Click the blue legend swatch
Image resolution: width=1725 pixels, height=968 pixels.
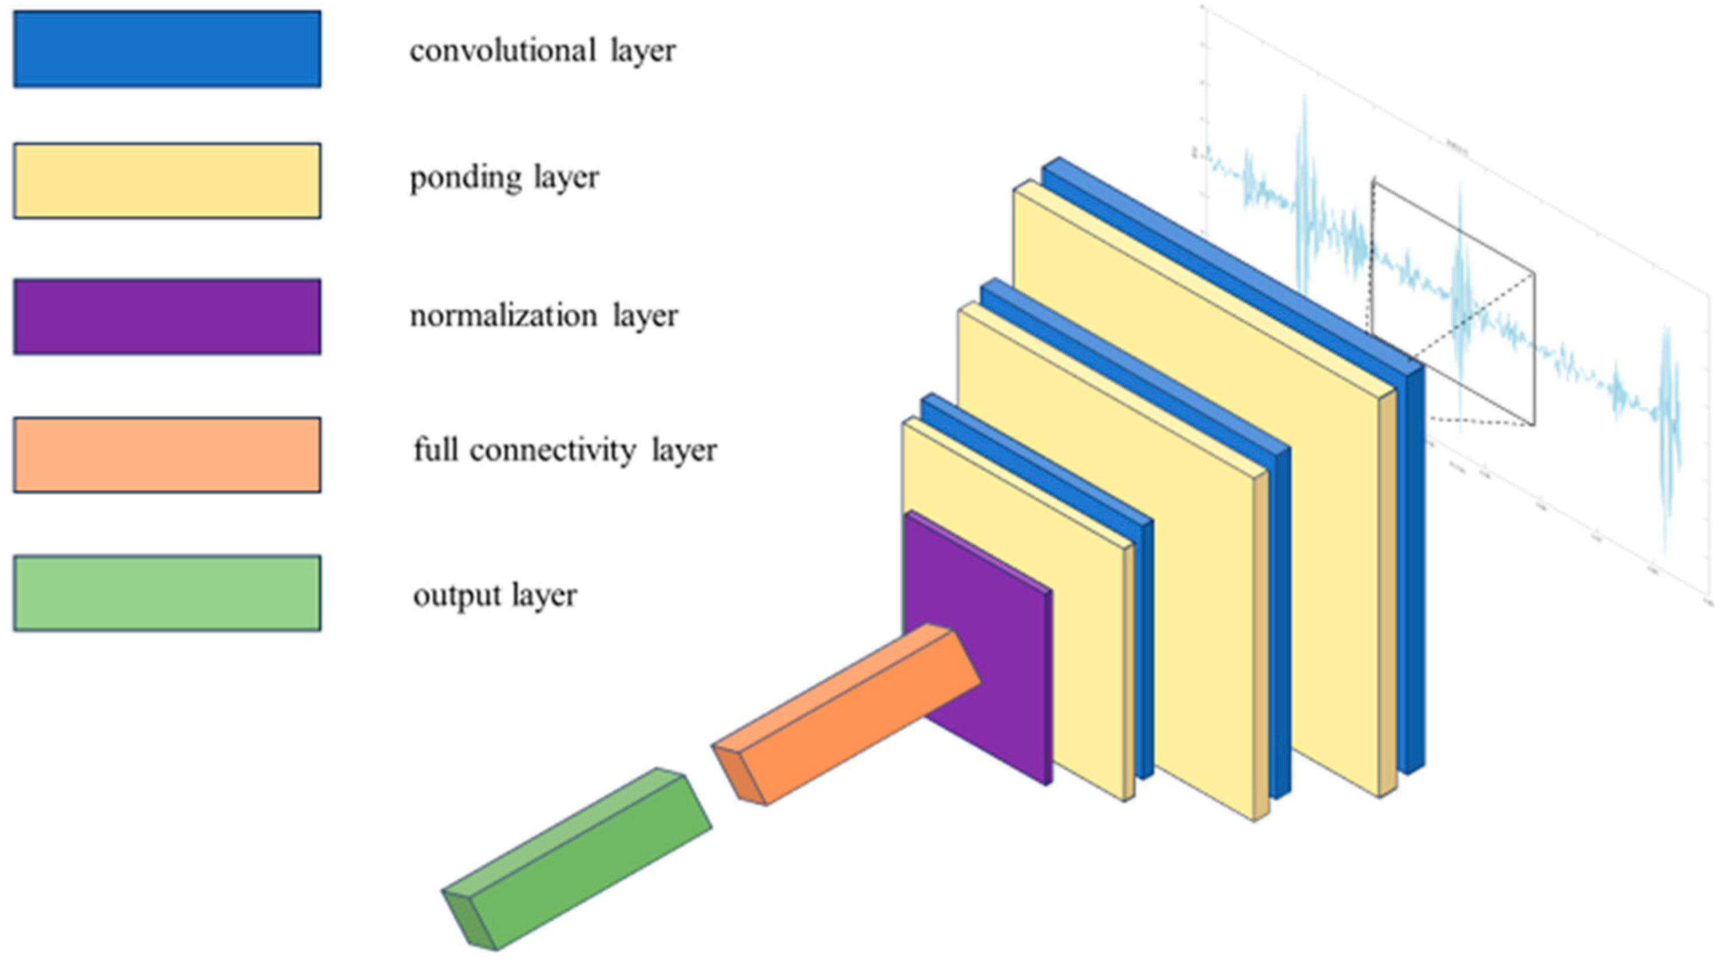coord(167,49)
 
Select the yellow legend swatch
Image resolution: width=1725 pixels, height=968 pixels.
coord(167,181)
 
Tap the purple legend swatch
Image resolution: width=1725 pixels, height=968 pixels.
coord(167,317)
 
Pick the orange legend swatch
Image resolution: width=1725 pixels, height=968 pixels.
coord(167,455)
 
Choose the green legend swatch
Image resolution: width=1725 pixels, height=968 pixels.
coord(167,593)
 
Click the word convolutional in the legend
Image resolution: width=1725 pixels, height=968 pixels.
coord(502,51)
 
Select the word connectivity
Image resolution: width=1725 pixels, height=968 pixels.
coord(552,450)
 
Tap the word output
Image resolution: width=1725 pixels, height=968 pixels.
coord(457,596)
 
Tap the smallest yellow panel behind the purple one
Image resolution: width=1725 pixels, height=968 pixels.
coord(1085,670)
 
